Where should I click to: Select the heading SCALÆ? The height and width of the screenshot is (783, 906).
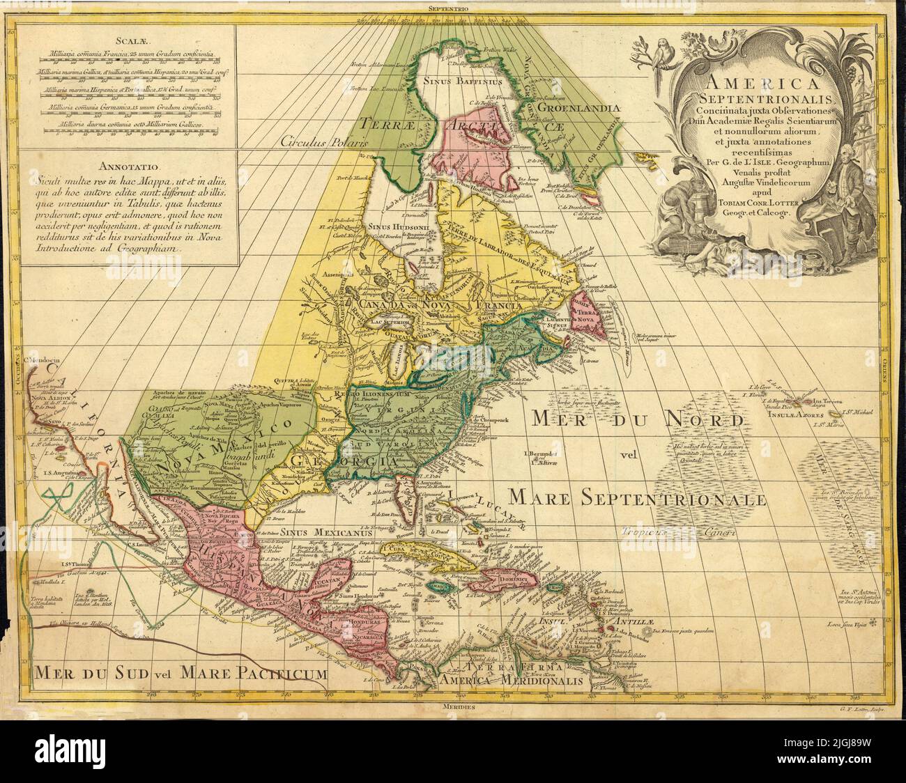pos(130,40)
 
